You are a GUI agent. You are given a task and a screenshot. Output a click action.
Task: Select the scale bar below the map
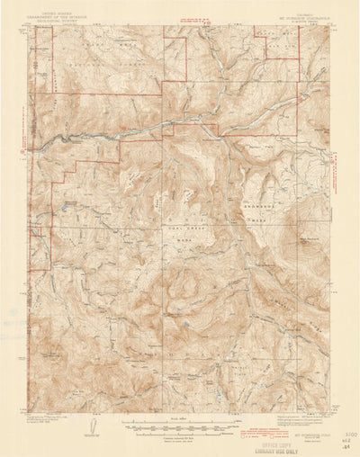180,422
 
